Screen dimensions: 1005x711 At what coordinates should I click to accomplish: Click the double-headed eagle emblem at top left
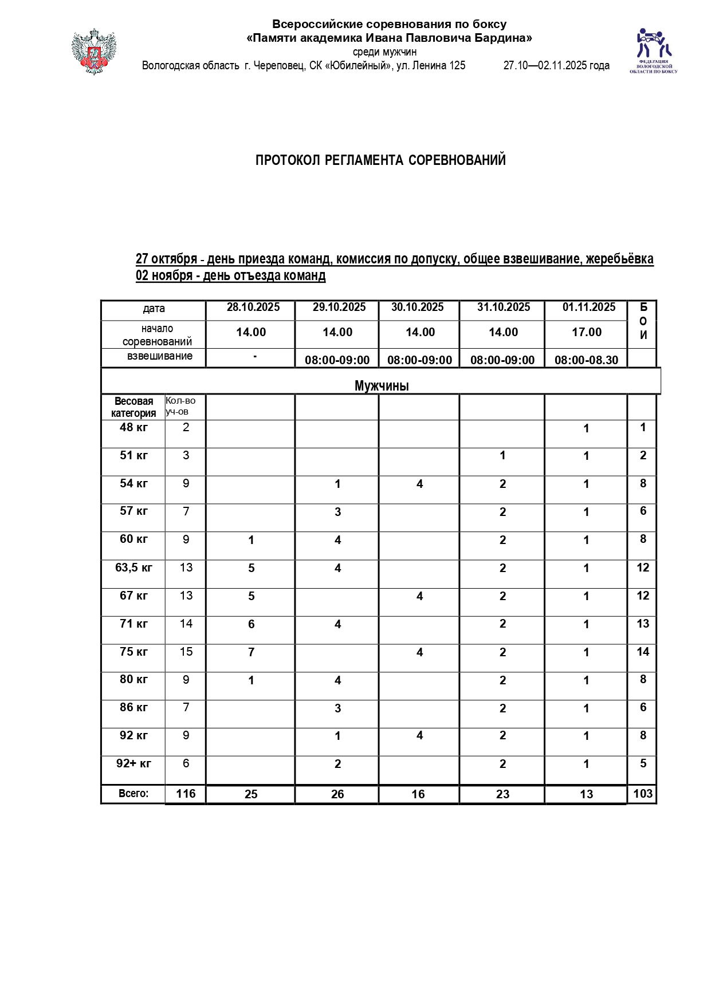pos(93,52)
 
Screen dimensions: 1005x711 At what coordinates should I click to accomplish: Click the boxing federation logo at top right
pos(653,50)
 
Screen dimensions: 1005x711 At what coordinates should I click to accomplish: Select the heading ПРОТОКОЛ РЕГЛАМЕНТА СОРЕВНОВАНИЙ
pos(380,160)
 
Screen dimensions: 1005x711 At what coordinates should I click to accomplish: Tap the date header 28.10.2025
pos(253,308)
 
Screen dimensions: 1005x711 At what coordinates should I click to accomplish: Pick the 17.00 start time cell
pos(586,332)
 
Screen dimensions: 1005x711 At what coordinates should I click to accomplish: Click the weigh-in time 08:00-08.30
pos(586,360)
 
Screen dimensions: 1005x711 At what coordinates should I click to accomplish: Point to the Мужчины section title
pos(381,385)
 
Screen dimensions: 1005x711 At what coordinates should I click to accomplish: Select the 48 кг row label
pos(133,427)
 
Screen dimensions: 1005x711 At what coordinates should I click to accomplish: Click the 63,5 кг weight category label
pos(133,567)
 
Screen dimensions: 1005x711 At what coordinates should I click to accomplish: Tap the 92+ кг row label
pos(133,763)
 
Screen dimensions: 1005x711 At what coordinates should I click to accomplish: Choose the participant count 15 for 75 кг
pos(186,652)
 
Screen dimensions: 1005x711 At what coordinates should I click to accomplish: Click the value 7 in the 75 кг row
pos(251,652)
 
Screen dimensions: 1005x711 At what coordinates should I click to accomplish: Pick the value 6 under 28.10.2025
pos(251,624)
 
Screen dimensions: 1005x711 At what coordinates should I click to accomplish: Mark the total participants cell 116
pos(186,794)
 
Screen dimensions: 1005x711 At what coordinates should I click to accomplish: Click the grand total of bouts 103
pos(643,794)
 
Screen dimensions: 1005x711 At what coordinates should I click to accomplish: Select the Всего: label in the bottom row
pos(133,794)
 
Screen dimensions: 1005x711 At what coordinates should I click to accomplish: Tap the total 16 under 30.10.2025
pos(418,794)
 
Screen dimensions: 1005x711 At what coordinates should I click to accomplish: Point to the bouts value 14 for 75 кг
pos(643,652)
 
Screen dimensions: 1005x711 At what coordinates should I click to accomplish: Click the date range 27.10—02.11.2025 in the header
pos(556,66)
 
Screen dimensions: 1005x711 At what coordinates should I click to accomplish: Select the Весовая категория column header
pos(133,407)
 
